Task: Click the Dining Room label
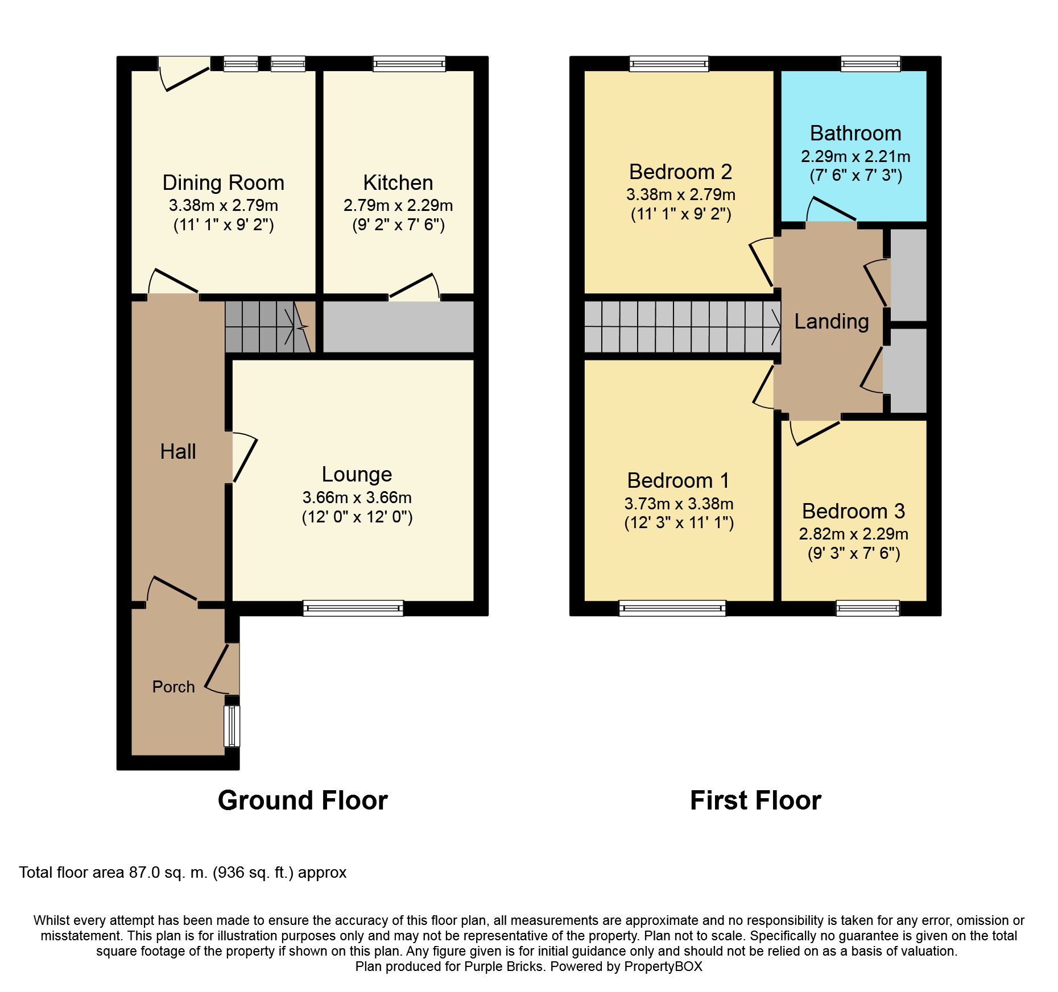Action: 224,182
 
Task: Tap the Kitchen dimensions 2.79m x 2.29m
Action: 398,205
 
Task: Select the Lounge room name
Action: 357,474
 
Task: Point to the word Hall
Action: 178,451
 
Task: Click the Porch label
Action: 173,687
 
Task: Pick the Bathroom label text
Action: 856,133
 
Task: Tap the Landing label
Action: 832,322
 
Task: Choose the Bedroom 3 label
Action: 853,511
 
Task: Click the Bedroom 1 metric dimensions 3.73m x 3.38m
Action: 679,504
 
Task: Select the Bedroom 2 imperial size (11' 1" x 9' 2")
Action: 681,214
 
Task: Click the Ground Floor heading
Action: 303,800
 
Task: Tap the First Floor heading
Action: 755,800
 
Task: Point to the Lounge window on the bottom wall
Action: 353,608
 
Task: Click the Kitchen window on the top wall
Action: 409,64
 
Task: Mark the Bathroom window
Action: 871,64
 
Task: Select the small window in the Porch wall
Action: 232,726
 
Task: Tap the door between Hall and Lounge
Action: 244,457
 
